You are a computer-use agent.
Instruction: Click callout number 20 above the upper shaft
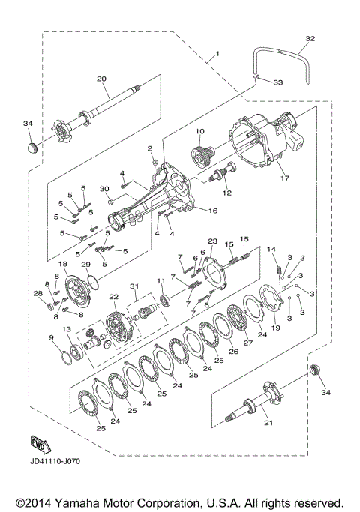102,78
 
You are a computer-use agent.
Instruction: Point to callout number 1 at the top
217,54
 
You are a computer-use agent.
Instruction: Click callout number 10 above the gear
199,132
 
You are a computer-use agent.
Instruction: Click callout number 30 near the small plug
106,188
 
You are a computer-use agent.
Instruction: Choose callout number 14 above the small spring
272,249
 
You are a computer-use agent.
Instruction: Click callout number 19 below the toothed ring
276,327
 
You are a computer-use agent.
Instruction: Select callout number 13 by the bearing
67,330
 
